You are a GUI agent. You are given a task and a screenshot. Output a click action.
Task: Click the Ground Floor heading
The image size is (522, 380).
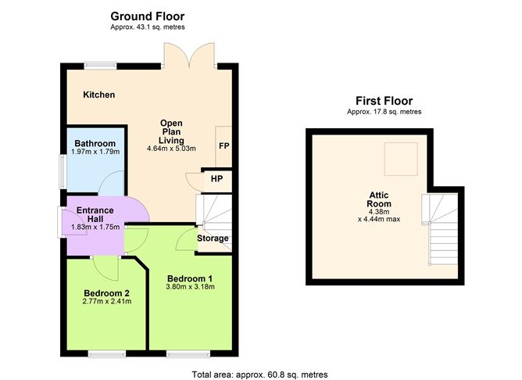tap(148, 16)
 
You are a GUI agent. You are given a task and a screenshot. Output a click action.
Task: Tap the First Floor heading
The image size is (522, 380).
tap(384, 101)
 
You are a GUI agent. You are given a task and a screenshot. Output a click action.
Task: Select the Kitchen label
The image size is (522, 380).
tap(99, 95)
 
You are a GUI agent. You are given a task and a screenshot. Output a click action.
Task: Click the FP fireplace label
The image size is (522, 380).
tap(224, 146)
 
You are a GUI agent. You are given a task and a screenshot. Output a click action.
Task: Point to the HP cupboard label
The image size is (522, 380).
tap(216, 179)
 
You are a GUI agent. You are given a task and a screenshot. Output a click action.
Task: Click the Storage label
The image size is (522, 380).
tap(213, 238)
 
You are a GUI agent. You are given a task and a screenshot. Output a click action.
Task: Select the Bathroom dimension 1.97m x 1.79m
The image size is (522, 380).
tap(95, 152)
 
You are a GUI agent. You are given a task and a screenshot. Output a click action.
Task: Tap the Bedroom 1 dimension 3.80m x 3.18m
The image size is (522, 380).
tap(190, 287)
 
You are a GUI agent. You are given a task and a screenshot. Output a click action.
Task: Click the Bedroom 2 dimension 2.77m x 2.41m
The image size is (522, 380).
tap(107, 302)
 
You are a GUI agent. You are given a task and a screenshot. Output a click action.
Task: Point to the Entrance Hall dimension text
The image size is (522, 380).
tap(95, 227)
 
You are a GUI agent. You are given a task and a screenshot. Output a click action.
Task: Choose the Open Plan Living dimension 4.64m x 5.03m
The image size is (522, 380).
tap(171, 149)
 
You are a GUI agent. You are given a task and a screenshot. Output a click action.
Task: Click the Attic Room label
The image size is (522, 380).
tap(379, 199)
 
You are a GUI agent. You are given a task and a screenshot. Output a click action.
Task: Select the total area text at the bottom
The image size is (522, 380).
tap(259, 375)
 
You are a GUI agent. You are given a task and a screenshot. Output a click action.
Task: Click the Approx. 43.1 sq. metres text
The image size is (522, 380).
tap(148, 27)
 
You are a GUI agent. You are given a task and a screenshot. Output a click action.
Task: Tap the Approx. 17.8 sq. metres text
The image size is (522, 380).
tap(384, 112)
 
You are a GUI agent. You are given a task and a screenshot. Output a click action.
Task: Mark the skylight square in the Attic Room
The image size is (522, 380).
tap(401, 159)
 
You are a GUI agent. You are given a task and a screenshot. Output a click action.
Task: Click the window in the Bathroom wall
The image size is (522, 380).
tap(63, 172)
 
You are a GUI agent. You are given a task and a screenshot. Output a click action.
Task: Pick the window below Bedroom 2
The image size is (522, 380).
tap(107, 353)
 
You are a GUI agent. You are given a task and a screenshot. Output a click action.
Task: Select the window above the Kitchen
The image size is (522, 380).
tap(100, 66)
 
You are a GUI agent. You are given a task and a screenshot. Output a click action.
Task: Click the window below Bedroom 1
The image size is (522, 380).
tap(188, 353)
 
